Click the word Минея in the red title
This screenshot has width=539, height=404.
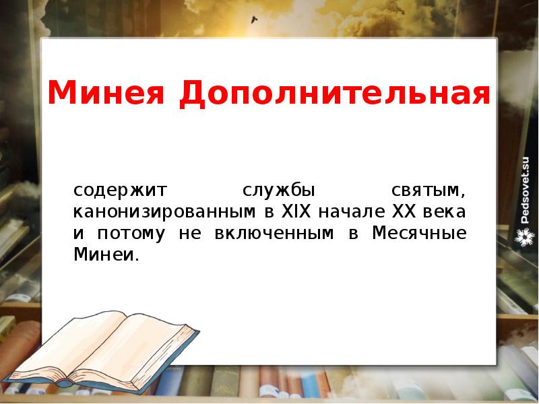tap(106, 92)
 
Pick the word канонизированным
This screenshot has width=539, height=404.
tap(162, 212)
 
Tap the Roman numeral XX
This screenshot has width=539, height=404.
tap(404, 211)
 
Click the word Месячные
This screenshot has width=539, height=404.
tap(418, 234)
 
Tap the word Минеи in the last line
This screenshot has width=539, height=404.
tap(104, 256)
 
